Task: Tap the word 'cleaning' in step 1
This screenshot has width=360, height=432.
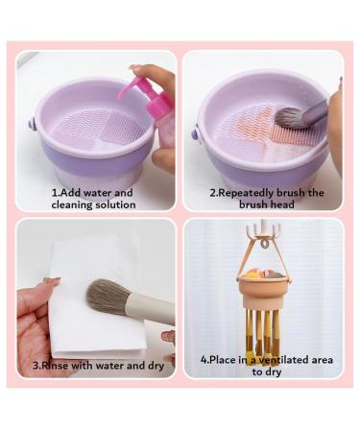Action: [75, 204]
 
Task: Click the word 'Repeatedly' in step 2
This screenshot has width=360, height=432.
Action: [250, 193]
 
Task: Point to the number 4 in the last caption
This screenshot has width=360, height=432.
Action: [204, 359]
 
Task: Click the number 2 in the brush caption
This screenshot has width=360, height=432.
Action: [213, 193]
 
